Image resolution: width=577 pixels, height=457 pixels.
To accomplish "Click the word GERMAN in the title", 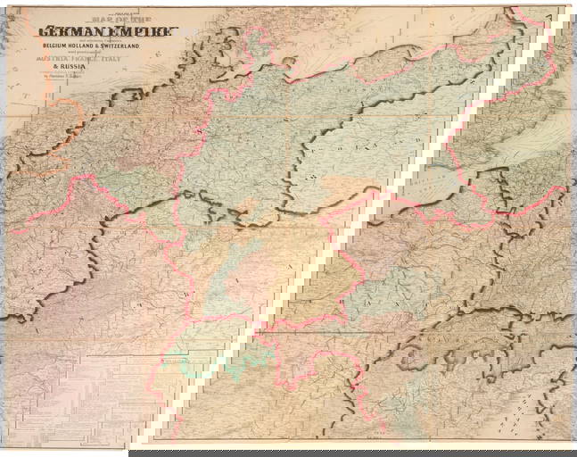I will click(x=72, y=32).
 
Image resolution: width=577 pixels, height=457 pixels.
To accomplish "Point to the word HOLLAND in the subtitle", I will click(x=102, y=52).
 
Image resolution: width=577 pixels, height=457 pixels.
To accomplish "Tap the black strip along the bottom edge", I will click(x=357, y=453).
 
